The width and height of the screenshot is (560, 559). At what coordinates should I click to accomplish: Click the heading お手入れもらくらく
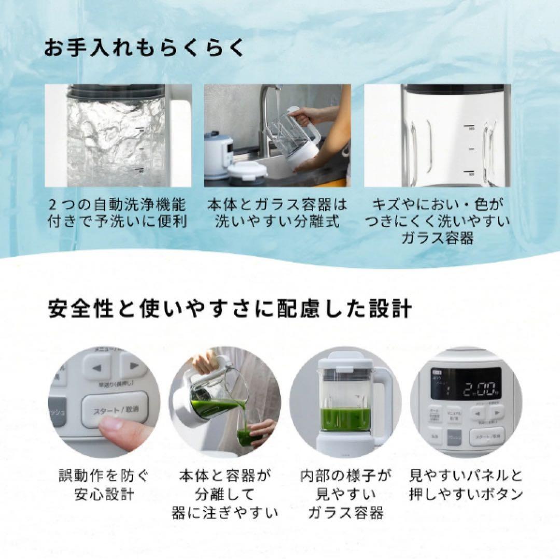(144, 48)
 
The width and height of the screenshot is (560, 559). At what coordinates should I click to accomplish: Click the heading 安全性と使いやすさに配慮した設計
(230, 309)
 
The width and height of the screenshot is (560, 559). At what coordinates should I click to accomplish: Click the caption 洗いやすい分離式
(277, 221)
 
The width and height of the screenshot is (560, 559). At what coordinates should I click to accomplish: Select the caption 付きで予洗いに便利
(118, 221)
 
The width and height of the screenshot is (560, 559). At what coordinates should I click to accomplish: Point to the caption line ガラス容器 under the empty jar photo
(437, 238)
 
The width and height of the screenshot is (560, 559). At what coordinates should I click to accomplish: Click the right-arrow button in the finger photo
(134, 366)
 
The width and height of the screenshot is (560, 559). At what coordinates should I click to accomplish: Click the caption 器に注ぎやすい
(225, 513)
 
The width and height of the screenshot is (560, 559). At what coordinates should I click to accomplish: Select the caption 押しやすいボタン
(466, 494)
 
